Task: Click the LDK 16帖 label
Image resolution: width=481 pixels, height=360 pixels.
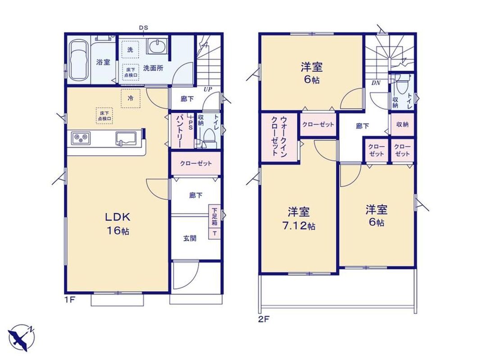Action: pos(118,223)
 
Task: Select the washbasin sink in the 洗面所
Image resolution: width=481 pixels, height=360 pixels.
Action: pos(157,46)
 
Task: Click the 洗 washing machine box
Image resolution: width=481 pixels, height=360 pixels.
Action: pos(130,49)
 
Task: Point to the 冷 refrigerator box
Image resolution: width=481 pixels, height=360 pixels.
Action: pos(131,99)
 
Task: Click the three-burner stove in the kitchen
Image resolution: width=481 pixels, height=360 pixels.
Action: pos(81,138)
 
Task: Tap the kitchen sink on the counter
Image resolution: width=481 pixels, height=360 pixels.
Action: pos(126,138)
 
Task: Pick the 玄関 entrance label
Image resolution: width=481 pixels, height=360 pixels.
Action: pos(190,238)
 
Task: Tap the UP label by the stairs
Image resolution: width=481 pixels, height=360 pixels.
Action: pos(208,90)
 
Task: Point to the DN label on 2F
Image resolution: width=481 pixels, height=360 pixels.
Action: pos(376,83)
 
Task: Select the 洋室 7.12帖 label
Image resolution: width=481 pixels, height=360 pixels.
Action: pos(299,218)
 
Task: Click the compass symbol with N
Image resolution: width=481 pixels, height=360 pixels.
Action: pos(22,337)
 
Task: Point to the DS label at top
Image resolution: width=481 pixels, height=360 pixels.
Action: pos(144,28)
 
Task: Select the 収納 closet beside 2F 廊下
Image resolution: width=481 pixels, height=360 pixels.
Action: pos(402,124)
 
